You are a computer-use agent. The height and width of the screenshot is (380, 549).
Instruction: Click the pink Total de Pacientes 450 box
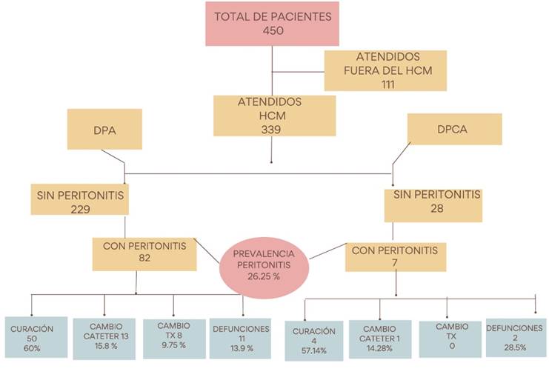click(273, 24)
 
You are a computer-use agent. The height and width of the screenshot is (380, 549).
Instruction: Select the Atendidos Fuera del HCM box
click(385, 70)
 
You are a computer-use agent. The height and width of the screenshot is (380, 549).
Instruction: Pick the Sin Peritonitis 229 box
click(81, 201)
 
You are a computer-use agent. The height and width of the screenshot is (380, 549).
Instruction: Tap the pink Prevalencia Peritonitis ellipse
click(264, 264)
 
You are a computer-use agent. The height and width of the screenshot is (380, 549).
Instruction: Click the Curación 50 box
click(33, 339)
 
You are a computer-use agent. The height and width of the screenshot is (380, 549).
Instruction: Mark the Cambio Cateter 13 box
click(104, 339)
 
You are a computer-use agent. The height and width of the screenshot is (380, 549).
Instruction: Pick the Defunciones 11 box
click(242, 337)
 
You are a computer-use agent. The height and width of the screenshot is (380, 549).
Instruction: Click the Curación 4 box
click(314, 341)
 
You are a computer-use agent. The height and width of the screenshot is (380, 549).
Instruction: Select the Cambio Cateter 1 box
click(380, 339)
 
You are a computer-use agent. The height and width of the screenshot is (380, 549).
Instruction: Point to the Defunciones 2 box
click(515, 339)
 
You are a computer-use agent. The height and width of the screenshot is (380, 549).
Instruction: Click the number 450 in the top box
click(273, 31)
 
